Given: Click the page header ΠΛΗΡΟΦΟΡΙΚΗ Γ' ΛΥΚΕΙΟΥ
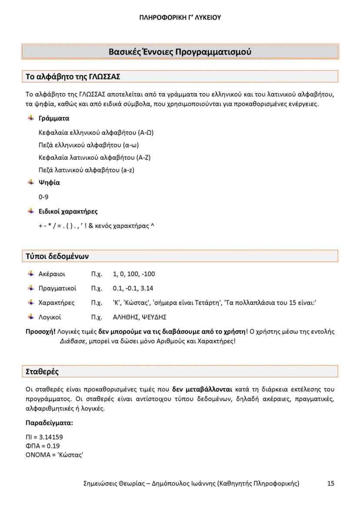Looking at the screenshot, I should click(x=180, y=18).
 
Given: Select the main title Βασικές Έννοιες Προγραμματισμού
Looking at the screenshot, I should click(x=180, y=52).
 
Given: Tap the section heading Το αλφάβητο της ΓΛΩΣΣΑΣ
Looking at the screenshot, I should click(x=73, y=77).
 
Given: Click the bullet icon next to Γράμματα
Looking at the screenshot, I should click(x=31, y=118).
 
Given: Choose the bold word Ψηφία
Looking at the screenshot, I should click(x=49, y=183).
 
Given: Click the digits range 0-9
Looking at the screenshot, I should click(x=43, y=197).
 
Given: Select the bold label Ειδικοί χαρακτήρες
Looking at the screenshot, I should click(x=68, y=212).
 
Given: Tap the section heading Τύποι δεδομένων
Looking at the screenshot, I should click(x=57, y=256).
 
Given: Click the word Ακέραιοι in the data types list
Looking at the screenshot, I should click(x=52, y=274).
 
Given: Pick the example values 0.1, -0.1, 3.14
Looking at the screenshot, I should click(x=133, y=288).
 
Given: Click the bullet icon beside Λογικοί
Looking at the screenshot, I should click(x=31, y=317).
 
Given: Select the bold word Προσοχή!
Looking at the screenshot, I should click(x=41, y=332).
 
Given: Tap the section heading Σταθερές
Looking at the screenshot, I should click(x=42, y=372).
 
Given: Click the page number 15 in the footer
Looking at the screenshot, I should click(x=331, y=483).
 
